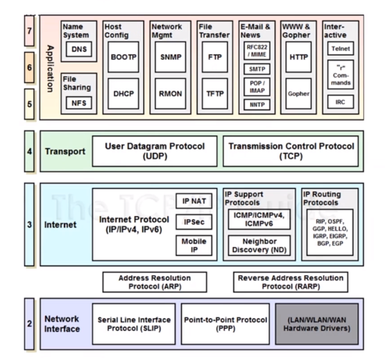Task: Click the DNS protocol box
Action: (79, 50)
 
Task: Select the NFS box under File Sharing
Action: (79, 103)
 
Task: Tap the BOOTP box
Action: (123, 57)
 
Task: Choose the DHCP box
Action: (123, 94)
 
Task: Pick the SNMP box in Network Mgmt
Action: (170, 57)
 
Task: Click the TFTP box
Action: (215, 94)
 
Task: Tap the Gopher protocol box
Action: (299, 94)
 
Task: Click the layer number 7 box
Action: (29, 31)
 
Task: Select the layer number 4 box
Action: (29, 151)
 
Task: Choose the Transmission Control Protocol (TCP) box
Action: (291, 151)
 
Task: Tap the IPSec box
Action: (194, 222)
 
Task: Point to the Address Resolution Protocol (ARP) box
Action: (154, 282)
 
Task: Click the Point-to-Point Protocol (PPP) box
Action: (225, 324)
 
